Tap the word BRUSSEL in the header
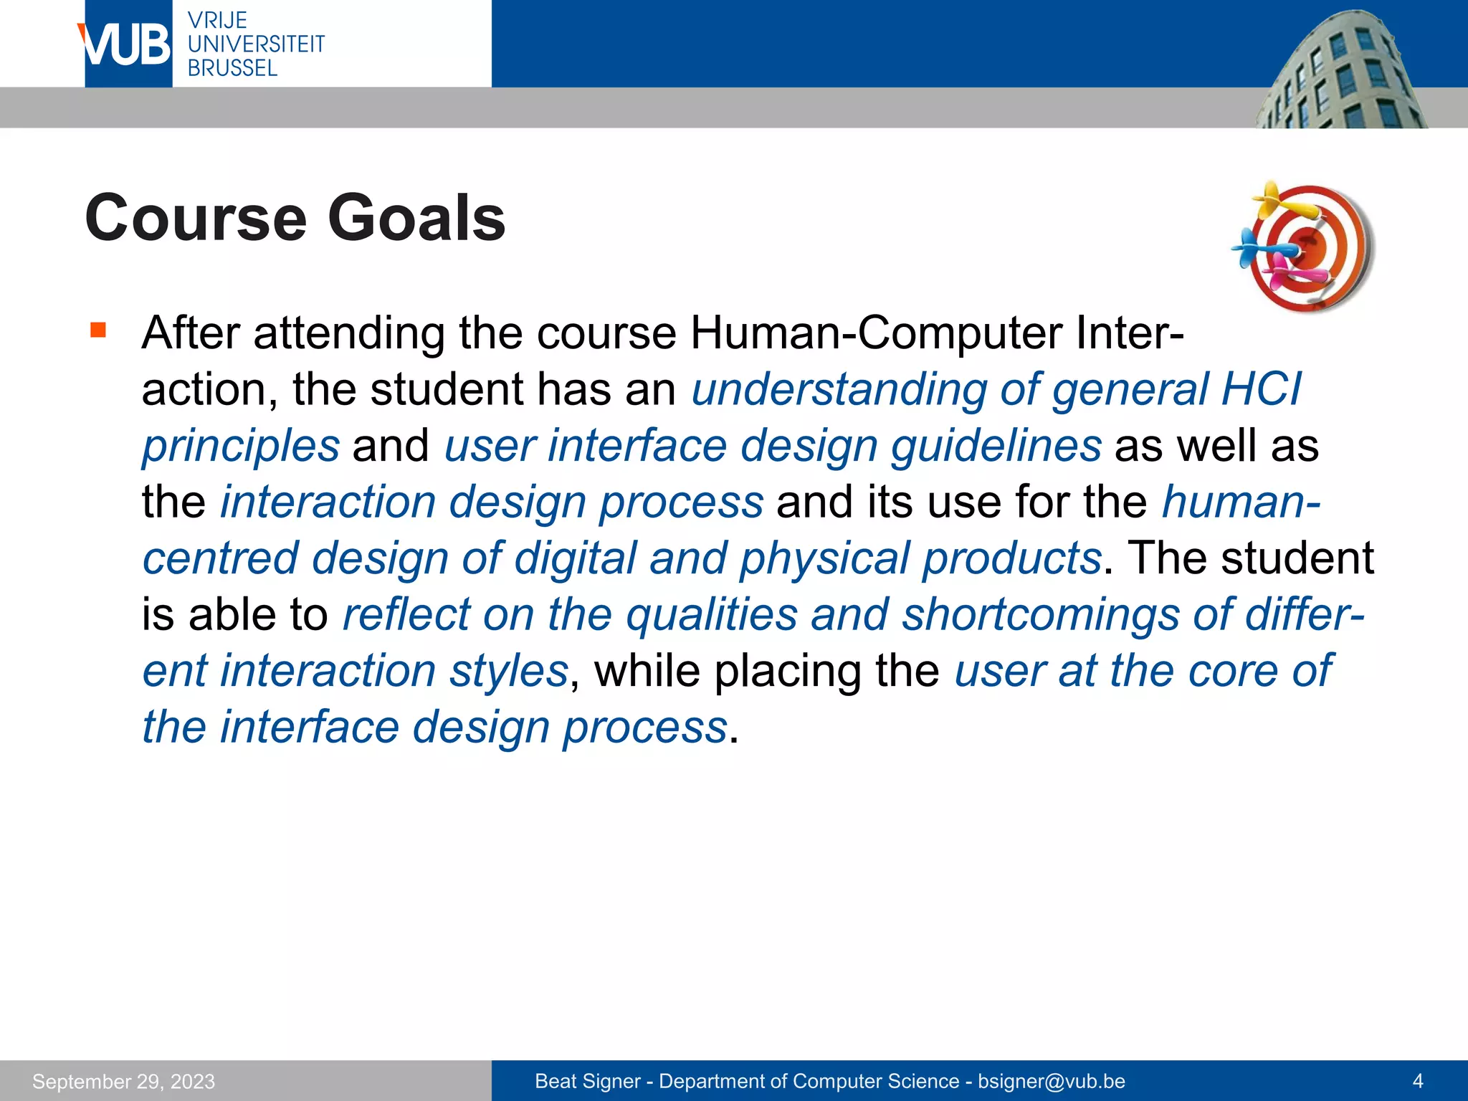232,68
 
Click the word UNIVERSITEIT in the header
256,44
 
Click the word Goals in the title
416,218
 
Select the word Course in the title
196,218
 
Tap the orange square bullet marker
98,330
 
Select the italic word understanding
839,390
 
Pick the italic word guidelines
996,446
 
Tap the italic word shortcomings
1040,615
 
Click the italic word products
1011,559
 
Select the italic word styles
508,672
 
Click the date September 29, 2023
123,1081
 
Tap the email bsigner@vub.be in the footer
1051,1081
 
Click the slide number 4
1417,1081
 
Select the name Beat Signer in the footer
587,1081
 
